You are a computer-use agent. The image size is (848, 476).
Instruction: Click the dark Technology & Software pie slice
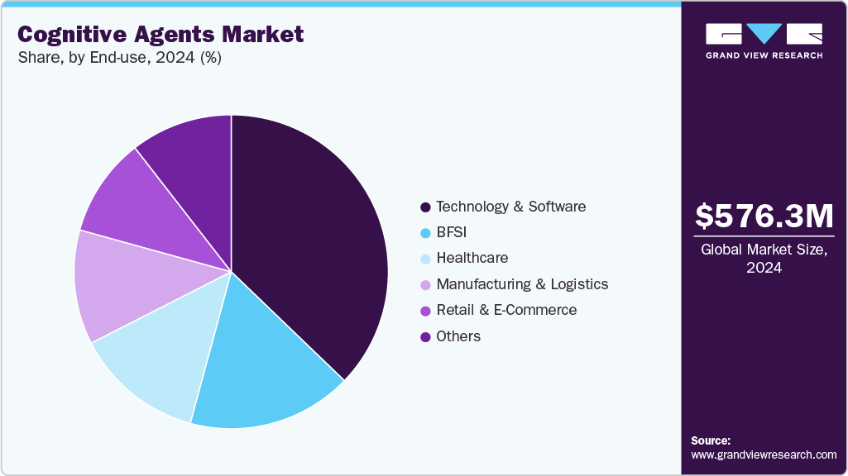(314, 240)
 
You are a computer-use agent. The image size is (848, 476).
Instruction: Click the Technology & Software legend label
(510, 207)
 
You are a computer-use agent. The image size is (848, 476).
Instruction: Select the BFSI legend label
(452, 232)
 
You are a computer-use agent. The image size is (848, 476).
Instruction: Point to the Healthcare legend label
(472, 258)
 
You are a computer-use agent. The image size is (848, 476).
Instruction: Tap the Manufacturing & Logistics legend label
(522, 284)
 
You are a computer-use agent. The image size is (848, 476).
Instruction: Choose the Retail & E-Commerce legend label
(506, 310)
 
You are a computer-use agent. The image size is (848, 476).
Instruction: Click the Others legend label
(458, 336)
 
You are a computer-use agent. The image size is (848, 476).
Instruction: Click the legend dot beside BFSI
(425, 233)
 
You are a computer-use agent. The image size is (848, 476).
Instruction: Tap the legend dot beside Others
(425, 336)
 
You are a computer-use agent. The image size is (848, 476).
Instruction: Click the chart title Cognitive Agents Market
(160, 35)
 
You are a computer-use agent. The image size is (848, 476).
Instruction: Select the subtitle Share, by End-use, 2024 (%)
(119, 58)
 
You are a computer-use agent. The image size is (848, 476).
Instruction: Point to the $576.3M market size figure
(764, 217)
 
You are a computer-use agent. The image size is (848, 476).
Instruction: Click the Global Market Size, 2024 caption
(764, 259)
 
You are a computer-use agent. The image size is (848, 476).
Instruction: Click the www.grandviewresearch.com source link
(764, 455)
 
